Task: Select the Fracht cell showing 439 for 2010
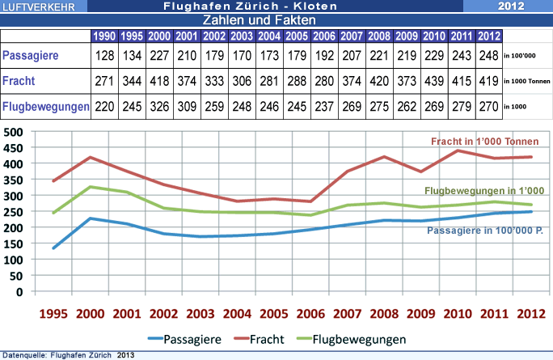tap(434, 82)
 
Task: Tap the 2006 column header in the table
tap(324, 36)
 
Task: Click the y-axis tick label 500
tap(12, 132)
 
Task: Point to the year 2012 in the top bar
tap(511, 6)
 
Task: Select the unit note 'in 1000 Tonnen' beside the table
tap(526, 82)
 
